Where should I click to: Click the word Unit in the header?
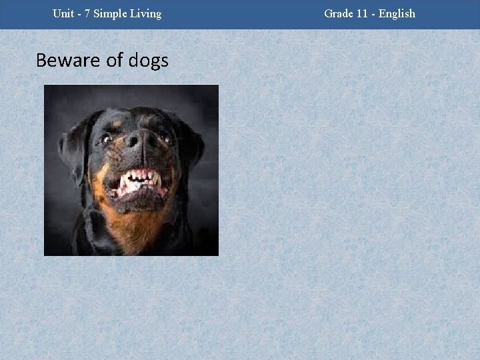(64, 13)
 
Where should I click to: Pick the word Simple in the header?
(114, 13)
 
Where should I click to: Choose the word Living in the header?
(147, 13)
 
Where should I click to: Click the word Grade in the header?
(339, 13)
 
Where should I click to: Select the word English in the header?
(398, 13)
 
